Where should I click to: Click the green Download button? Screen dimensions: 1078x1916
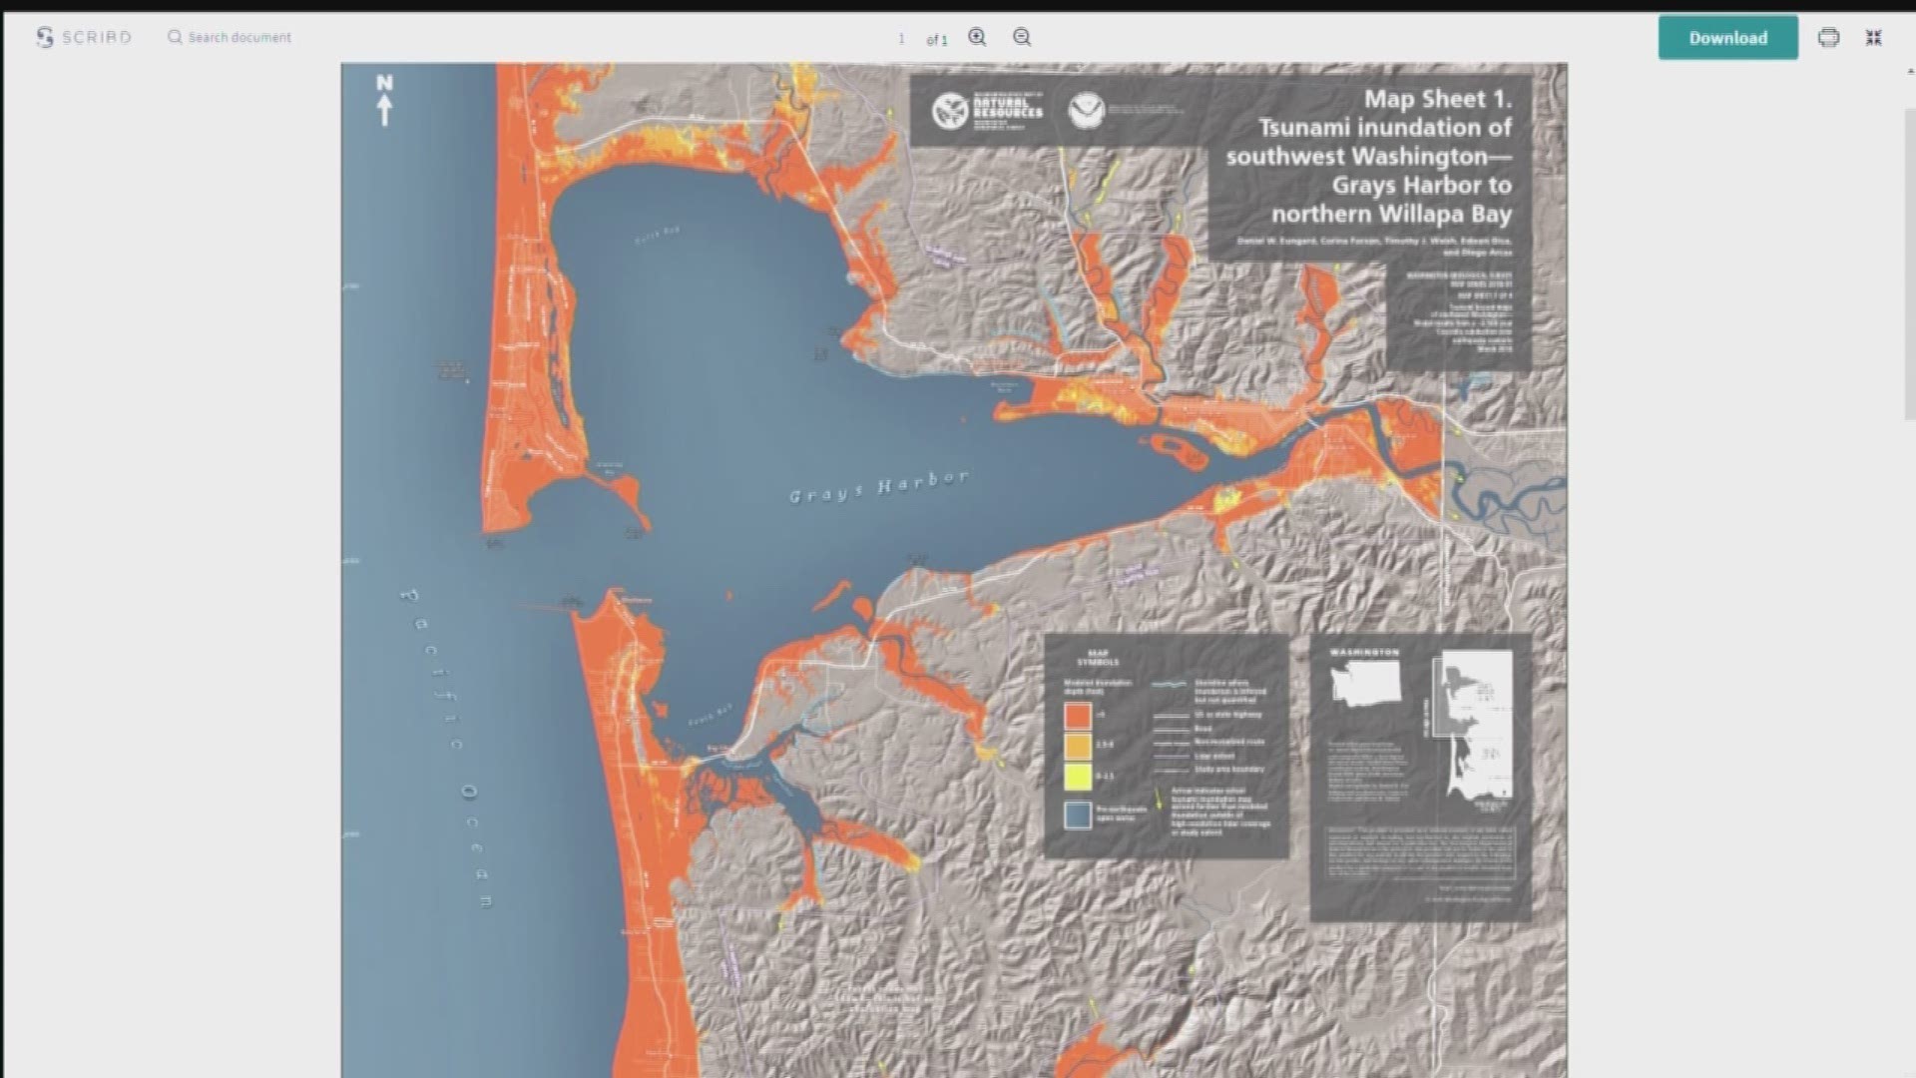tap(1727, 38)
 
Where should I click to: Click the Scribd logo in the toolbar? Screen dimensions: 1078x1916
tap(84, 37)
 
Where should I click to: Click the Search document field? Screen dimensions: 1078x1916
tap(239, 37)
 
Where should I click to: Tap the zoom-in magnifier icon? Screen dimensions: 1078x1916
tap(977, 37)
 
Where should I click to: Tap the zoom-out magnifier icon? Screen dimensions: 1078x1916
tap(1022, 37)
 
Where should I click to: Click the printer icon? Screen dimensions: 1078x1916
tap(1828, 38)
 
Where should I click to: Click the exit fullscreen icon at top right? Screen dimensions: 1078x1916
tap(1874, 38)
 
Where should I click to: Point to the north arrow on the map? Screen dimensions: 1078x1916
tap(384, 101)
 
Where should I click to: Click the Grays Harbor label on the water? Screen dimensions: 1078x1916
tap(878, 486)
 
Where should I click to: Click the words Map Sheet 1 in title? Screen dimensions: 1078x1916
tap(1437, 99)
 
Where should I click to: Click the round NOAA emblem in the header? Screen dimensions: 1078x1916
tap(1086, 110)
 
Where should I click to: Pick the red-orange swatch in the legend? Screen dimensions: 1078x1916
tap(1077, 715)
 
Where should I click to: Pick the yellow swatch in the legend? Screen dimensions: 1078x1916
tap(1077, 776)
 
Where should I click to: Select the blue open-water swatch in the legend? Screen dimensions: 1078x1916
tap(1077, 814)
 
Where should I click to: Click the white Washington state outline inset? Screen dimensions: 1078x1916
tap(1365, 685)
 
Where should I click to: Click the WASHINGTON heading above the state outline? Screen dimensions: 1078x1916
tap(1365, 652)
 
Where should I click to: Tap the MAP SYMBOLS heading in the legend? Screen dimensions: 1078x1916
tap(1098, 657)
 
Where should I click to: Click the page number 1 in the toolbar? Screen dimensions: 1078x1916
tap(901, 39)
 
